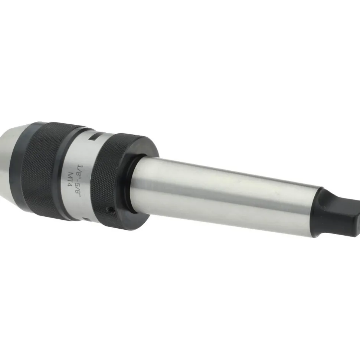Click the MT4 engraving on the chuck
tap(70, 180)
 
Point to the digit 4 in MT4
tap(69, 185)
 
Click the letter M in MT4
tap(70, 174)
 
